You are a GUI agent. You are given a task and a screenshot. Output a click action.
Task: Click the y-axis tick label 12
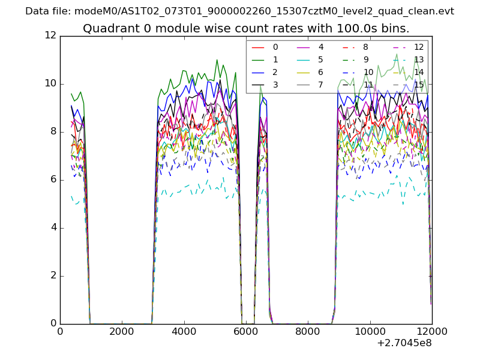pyautogui.click(x=50, y=35)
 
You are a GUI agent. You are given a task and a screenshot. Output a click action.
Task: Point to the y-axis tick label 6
pyautogui.click(x=53, y=179)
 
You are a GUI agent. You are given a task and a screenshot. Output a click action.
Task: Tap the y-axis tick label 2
pyautogui.click(x=53, y=275)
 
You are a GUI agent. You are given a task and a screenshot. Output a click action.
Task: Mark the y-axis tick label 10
pyautogui.click(x=50, y=83)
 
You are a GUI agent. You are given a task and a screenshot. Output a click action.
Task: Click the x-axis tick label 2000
pyautogui.click(x=122, y=332)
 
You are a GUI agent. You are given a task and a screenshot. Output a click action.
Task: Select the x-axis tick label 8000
pyautogui.click(x=308, y=332)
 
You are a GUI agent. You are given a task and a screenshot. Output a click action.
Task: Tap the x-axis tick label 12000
pyautogui.click(x=432, y=332)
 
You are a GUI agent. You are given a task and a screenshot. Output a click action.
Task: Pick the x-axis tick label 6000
pyautogui.click(x=246, y=332)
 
